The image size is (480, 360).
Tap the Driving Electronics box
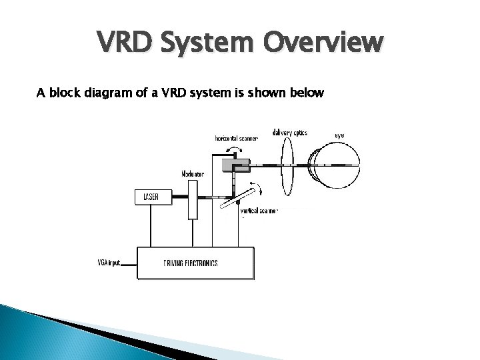point(195,263)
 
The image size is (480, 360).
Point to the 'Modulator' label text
point(193,174)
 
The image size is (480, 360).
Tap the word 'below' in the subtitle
point(305,93)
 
